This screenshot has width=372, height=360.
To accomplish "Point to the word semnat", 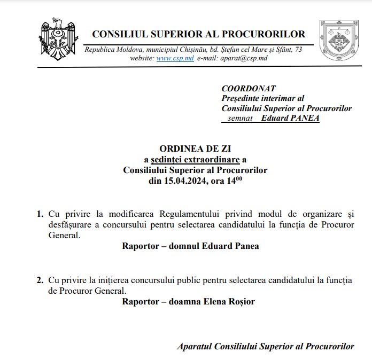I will (239, 118).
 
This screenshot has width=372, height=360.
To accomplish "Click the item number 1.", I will (40, 214).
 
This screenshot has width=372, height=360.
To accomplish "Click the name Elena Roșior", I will (228, 302).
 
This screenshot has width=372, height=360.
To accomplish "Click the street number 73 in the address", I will (298, 50).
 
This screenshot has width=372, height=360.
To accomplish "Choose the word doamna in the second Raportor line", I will (185, 302).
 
